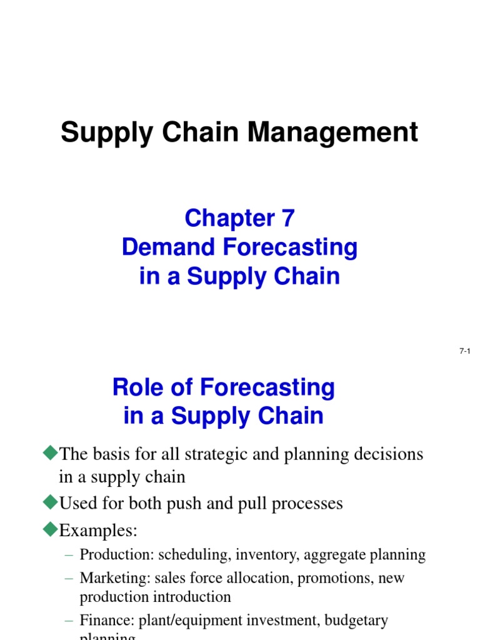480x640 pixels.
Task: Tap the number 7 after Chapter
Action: point(287,219)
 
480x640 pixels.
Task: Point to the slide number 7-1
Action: point(464,352)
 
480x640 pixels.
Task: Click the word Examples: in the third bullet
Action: point(98,531)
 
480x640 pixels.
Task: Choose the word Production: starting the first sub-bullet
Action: point(117,554)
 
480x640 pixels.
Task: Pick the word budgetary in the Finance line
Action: point(357,621)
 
